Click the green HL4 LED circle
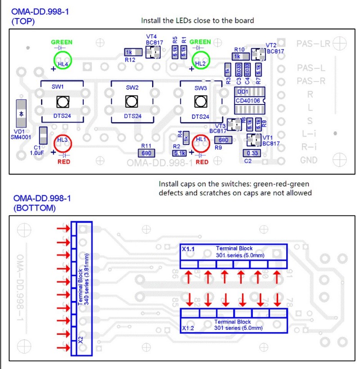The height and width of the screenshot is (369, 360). point(63,60)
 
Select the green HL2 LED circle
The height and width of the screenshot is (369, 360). point(201,59)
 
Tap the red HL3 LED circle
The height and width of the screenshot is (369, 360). point(63,144)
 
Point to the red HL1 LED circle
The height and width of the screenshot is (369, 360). point(201,144)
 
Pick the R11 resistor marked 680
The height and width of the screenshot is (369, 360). point(146,153)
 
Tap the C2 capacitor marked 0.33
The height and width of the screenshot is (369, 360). point(252,153)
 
